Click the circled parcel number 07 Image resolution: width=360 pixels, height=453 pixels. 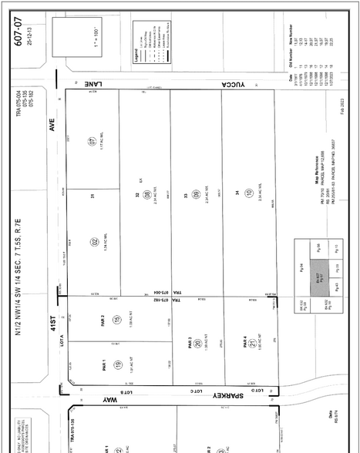pyautogui.click(x=93, y=141)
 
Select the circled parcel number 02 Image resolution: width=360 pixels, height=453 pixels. pyautogui.click(x=93, y=242)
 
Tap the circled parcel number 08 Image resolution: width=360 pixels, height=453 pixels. pyautogui.click(x=146, y=206)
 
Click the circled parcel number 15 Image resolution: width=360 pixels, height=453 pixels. pyautogui.click(x=117, y=319)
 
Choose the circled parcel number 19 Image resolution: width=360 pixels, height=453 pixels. pyautogui.click(x=117, y=365)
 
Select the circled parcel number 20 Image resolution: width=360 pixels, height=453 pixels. pyautogui.click(x=197, y=344)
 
